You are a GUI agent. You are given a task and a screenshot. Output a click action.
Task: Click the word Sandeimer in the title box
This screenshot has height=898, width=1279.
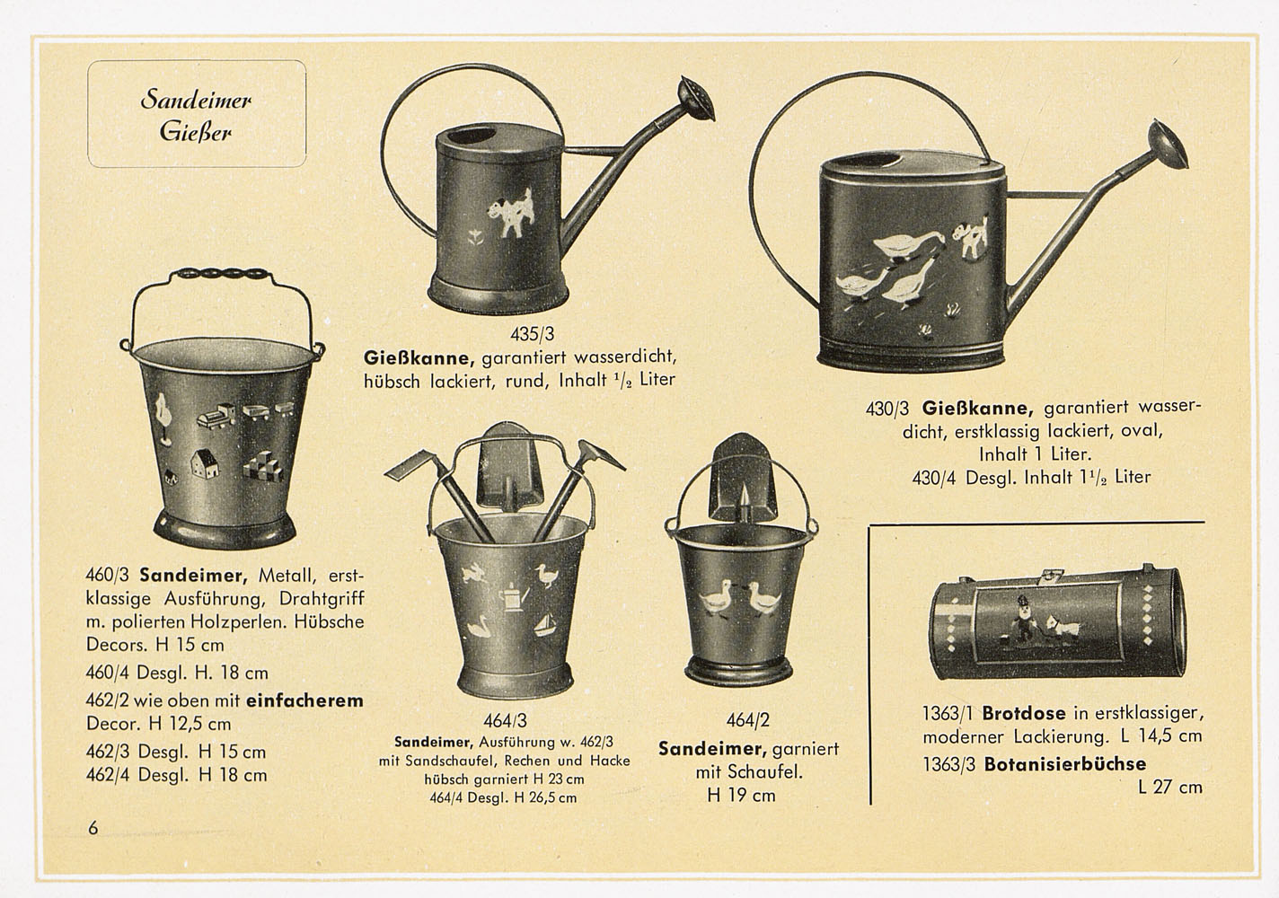click(196, 100)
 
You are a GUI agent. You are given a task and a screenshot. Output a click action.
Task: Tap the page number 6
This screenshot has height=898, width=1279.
click(93, 828)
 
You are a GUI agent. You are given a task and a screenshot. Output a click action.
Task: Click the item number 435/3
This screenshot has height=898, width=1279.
click(532, 333)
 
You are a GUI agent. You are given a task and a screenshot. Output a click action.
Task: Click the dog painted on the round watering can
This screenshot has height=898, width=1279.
click(513, 213)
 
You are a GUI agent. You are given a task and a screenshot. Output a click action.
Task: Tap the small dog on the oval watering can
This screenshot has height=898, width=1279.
click(971, 236)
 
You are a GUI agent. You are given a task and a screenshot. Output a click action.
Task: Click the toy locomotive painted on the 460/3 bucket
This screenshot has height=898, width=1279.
click(216, 415)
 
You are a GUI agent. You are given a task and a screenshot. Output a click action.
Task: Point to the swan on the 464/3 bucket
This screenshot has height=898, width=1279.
click(482, 626)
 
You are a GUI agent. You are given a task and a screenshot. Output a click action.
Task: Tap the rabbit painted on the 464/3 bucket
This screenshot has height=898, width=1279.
click(476, 573)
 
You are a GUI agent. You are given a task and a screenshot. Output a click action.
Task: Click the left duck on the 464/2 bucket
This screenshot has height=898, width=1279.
click(716, 598)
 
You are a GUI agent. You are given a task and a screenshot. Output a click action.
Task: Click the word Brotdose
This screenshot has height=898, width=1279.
click(1024, 713)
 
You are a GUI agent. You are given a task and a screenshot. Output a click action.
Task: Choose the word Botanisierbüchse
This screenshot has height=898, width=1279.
click(1065, 764)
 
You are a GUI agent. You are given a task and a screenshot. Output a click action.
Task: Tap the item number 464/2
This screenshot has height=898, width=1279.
click(747, 720)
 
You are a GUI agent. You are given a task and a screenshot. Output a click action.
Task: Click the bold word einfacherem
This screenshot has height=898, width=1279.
click(304, 700)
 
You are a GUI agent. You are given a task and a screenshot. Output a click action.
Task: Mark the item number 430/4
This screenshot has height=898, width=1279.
click(933, 477)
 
